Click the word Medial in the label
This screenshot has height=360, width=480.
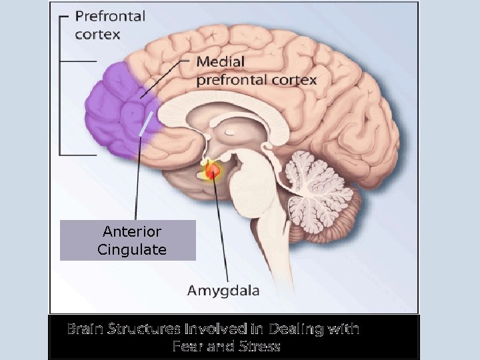point(221,62)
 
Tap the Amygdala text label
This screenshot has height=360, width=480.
point(223,291)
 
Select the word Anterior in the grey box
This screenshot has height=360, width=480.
point(132,231)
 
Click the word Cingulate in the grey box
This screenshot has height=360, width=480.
point(132,250)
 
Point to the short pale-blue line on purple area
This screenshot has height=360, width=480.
point(146,125)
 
